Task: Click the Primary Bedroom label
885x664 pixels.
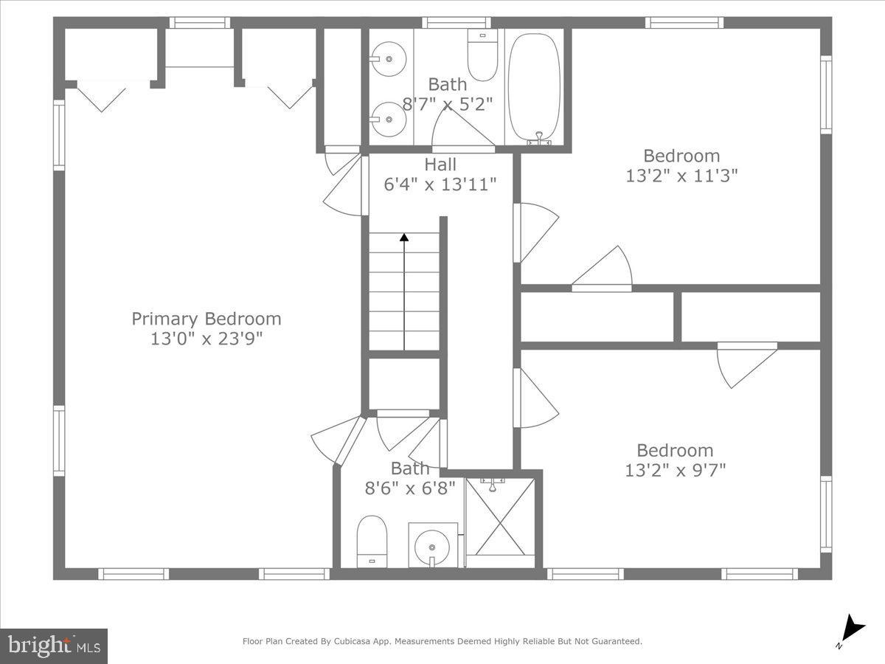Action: point(206,319)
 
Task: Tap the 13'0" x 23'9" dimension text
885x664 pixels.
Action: point(206,339)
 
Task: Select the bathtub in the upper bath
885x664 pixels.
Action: point(534,86)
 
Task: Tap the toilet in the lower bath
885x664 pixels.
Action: point(372,540)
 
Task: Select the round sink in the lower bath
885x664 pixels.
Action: point(432,547)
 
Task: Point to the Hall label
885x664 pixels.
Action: point(440,165)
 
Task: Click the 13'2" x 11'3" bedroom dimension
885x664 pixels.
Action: point(681,176)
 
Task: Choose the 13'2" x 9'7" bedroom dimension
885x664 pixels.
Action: point(675,470)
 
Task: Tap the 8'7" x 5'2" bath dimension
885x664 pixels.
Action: point(447,104)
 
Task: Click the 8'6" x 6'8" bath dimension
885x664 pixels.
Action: point(409,488)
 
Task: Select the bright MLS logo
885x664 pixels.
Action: point(54,646)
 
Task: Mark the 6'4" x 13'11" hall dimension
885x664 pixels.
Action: point(440,184)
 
